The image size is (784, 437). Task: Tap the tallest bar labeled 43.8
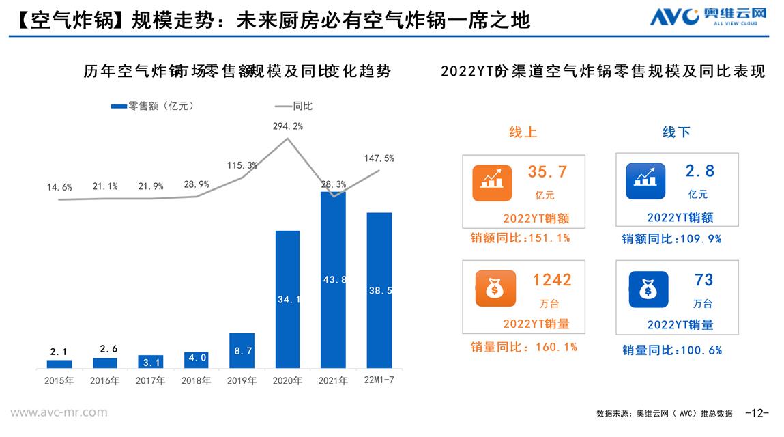(x=333, y=279)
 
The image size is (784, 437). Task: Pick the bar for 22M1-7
(x=379, y=290)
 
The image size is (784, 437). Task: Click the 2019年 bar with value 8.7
(x=242, y=350)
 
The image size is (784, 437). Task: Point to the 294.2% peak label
(x=287, y=126)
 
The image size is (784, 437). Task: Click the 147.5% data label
(x=379, y=158)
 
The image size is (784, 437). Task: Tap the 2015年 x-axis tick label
(x=59, y=381)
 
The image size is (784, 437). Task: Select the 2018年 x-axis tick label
(x=196, y=381)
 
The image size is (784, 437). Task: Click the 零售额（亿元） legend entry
(x=153, y=106)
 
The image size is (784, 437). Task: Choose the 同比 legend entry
(x=294, y=106)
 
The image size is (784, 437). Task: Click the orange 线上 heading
(x=523, y=132)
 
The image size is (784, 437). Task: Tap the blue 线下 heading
(x=676, y=132)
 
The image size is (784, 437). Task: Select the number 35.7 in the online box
(x=547, y=172)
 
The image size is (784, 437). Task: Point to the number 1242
(x=552, y=279)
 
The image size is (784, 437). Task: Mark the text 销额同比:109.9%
(x=671, y=239)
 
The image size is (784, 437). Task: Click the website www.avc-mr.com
(x=59, y=412)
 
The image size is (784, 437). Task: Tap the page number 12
(x=757, y=412)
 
